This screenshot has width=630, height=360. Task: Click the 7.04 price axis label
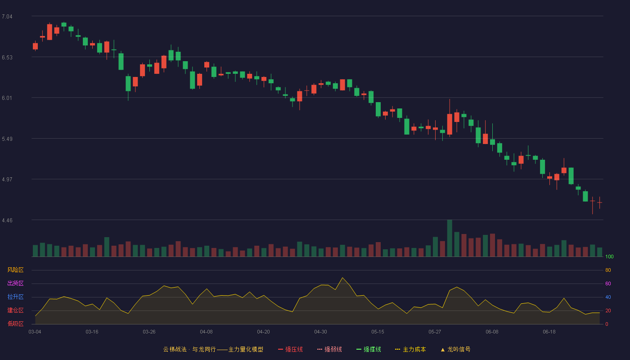click(7, 17)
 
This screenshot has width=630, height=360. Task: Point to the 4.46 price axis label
click(7, 220)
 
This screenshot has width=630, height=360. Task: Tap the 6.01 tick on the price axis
click(7, 98)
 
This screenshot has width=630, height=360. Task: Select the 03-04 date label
click(35, 332)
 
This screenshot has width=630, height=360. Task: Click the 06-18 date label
click(549, 332)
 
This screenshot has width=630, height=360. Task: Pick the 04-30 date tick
click(320, 332)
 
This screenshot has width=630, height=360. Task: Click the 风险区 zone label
click(15, 270)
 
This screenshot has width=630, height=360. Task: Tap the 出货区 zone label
click(15, 283)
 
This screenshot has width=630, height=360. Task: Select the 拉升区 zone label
click(15, 297)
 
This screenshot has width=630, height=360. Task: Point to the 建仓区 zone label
click(15, 310)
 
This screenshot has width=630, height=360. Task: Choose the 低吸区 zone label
click(15, 324)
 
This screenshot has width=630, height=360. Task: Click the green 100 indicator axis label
click(609, 256)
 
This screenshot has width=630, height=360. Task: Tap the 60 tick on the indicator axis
click(608, 283)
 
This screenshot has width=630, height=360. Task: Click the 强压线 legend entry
click(290, 350)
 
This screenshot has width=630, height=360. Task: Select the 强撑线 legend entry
click(369, 350)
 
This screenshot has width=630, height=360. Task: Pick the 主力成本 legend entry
click(410, 350)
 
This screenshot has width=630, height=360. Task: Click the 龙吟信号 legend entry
click(455, 350)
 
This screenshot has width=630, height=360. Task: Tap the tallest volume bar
click(450, 238)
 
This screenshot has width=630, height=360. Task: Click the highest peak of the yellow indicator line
click(342, 278)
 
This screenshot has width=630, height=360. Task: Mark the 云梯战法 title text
click(175, 350)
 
